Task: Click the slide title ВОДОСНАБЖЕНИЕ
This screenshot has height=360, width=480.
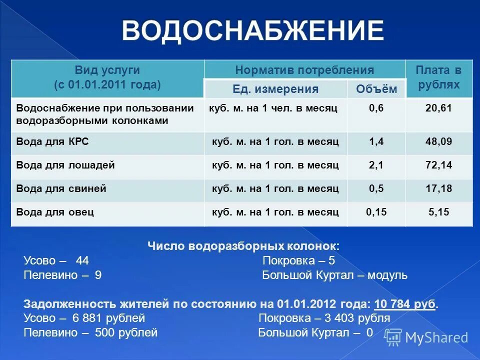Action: tap(253, 31)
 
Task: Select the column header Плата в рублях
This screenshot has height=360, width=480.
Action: tap(438, 77)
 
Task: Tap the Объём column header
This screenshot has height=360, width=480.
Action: tap(376, 89)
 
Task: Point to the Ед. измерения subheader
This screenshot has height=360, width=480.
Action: tap(275, 89)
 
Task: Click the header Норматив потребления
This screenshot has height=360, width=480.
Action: tap(304, 70)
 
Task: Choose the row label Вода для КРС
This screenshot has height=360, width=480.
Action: tap(52, 142)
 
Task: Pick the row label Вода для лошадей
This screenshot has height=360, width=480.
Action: tap(65, 165)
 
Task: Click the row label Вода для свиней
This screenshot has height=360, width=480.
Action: tap(61, 189)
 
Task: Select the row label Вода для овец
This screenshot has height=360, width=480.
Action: tap(55, 212)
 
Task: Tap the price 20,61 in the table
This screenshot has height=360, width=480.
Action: tap(438, 108)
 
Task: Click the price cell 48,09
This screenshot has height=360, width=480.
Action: tap(438, 142)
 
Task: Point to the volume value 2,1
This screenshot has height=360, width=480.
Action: tap(376, 165)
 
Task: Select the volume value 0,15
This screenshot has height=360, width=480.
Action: tap(376, 212)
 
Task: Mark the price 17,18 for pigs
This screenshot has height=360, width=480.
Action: tap(438, 189)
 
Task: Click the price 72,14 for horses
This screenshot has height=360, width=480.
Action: tap(438, 165)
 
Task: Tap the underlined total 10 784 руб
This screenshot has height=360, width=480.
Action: tap(404, 304)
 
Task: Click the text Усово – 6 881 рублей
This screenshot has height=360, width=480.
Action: tap(84, 318)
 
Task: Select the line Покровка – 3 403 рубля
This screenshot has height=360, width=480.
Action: tap(324, 318)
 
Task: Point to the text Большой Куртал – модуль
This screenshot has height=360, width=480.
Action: tap(334, 275)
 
